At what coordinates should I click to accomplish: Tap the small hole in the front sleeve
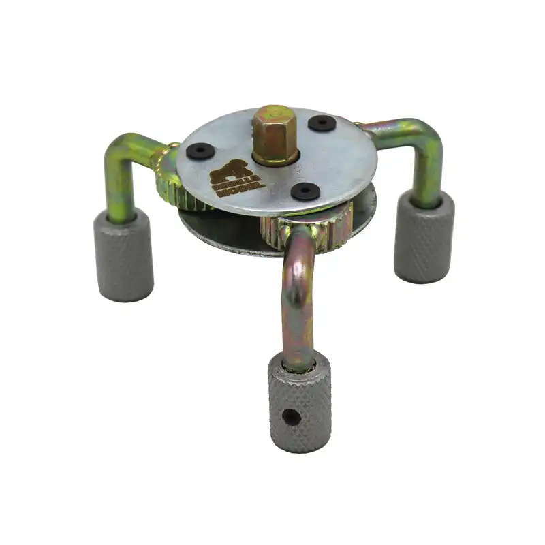[292, 416]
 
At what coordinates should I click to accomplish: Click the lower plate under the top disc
[218, 235]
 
